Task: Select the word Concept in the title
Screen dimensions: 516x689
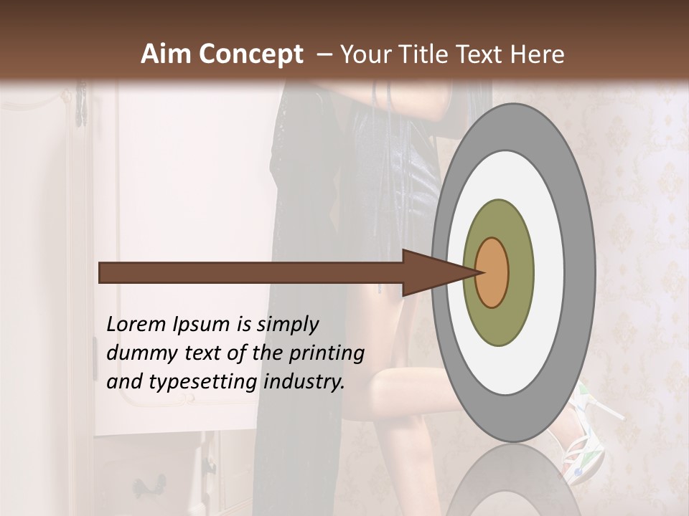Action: click(251, 54)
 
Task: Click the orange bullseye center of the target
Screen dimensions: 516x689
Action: click(492, 272)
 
